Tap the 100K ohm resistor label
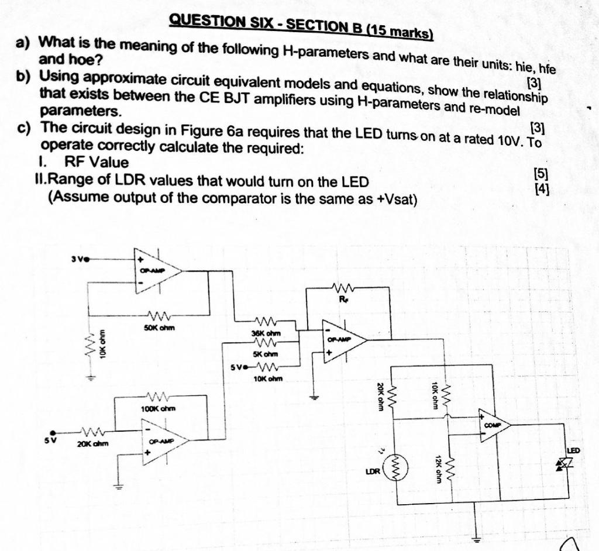158,408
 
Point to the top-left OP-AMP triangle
156,270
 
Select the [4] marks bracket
542,188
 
